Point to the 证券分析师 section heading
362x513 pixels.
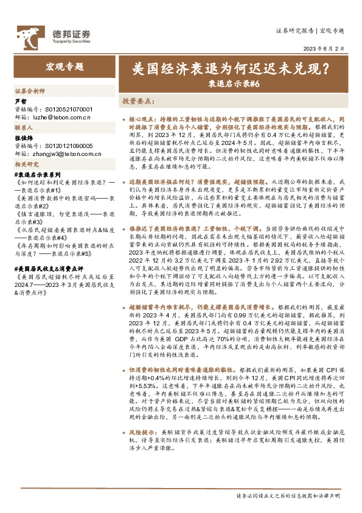coord(30,90)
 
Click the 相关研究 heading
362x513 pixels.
coord(26,165)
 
